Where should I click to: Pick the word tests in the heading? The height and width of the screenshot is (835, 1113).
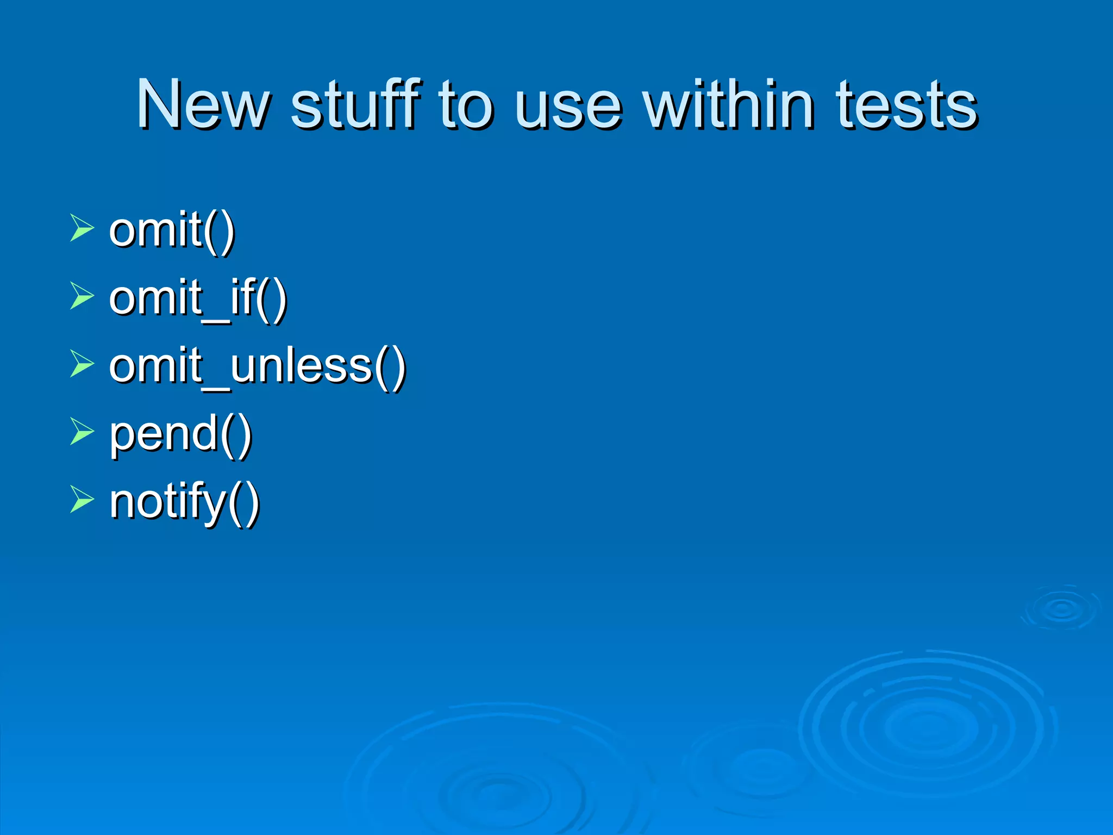click(906, 104)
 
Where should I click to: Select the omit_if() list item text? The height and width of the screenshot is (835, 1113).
click(197, 298)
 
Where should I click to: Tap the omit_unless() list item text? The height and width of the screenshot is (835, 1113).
click(257, 366)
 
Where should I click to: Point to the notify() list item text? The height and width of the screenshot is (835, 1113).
click(184, 502)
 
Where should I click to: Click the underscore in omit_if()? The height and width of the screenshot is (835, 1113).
click(216, 321)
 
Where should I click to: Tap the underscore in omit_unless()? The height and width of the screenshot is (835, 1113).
click(216, 389)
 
